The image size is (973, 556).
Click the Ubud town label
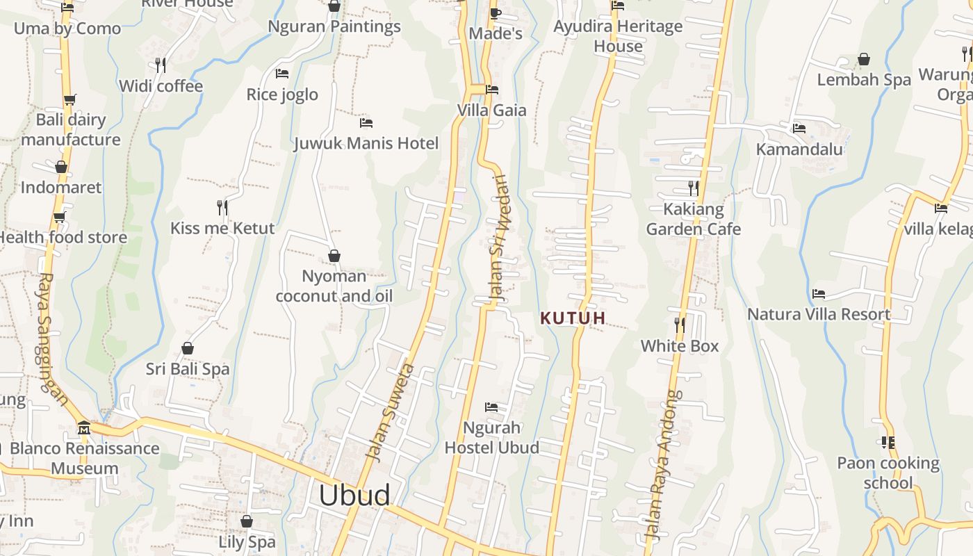pos(354,496)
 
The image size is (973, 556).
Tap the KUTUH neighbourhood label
pos(573,318)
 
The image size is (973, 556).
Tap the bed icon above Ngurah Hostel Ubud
pos(491,407)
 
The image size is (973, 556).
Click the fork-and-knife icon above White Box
pos(680,325)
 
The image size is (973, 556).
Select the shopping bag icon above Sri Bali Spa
pos(188,347)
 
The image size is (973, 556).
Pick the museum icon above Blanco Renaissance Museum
pos(84,427)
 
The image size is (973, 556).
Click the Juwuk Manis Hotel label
pos(366,144)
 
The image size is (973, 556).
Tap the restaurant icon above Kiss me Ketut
pos(222,207)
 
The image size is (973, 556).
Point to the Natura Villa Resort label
pos(819,314)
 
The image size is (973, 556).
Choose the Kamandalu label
pos(799,149)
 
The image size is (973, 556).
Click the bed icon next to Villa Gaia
pos(492,89)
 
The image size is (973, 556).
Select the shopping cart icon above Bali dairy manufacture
pos(69,99)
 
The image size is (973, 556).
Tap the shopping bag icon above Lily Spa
pos(247,521)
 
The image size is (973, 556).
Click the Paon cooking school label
pos(888,473)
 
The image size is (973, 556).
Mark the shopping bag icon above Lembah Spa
pos(864,59)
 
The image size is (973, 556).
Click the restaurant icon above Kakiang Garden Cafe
pos(693,188)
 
